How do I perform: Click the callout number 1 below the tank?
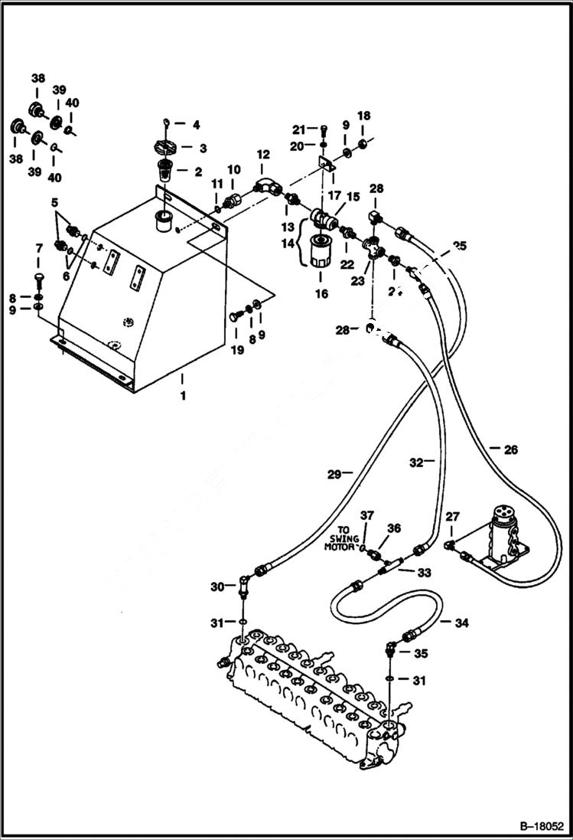point(182,398)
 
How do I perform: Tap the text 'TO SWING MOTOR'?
point(342,538)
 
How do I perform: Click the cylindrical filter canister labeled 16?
point(317,253)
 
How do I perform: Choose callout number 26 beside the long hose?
point(511,449)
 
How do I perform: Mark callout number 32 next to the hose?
point(417,462)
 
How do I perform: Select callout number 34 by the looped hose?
point(461,623)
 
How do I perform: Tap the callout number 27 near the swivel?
point(452,519)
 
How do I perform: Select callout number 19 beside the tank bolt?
point(237,350)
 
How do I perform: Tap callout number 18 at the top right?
point(364,116)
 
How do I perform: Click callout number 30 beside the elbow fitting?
point(217,587)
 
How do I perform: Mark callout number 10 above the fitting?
point(233,168)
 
